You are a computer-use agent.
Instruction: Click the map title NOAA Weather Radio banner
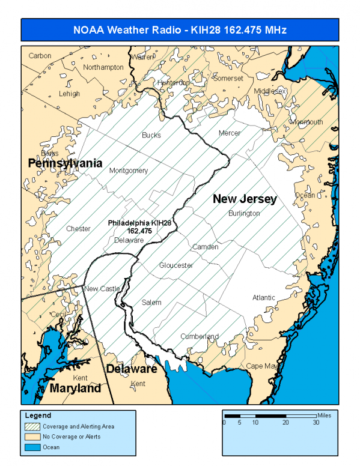180,29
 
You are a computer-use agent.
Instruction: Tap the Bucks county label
151,135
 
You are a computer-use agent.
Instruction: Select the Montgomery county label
129,171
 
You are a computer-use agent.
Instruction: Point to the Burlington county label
244,213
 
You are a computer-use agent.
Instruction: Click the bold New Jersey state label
245,199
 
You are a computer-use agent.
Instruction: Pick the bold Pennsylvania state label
65,163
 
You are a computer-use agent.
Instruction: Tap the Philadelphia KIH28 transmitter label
139,226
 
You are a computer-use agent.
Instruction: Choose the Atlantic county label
264,297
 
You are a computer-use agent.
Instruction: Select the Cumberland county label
200,336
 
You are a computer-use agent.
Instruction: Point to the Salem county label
151,303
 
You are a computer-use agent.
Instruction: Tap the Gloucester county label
176,265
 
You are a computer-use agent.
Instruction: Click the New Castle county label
102,289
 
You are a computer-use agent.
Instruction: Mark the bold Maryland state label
75,389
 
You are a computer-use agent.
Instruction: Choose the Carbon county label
40,56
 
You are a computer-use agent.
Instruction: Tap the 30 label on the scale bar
316,423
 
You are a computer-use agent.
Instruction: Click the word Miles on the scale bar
325,414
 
